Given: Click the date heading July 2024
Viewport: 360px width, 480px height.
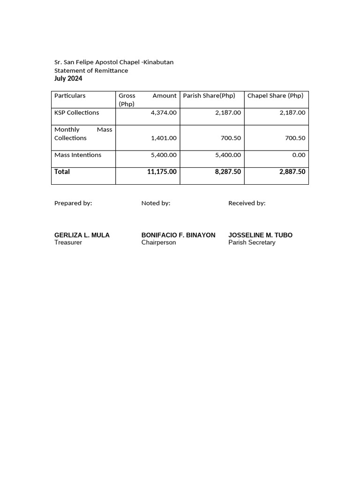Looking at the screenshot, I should (68, 78).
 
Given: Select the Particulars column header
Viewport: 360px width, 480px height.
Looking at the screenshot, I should (70, 96).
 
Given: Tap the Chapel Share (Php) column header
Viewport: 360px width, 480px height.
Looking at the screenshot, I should (275, 96).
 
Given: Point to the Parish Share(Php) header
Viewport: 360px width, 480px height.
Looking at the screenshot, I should (209, 96).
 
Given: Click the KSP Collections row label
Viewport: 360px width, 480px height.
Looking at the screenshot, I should (76, 112).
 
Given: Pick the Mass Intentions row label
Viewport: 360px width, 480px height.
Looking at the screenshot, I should (78, 155).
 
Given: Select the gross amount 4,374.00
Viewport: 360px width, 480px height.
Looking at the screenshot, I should (164, 112).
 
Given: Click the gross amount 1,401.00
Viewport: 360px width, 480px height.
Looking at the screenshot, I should (164, 138).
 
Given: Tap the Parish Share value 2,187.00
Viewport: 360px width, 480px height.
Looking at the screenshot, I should (228, 112).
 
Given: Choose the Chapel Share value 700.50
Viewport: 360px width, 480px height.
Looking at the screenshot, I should (295, 138).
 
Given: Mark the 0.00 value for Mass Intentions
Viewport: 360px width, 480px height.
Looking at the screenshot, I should (298, 155).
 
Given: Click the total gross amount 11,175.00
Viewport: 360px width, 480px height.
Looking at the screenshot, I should (162, 172).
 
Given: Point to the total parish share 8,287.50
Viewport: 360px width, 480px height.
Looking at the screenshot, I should (228, 172).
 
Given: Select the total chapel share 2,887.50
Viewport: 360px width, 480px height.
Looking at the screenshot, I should (292, 172).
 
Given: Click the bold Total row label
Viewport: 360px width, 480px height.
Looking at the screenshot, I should (62, 172).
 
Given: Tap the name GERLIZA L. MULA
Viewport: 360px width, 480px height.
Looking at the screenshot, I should (82, 235).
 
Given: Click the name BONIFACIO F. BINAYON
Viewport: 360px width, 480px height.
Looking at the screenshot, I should (178, 235).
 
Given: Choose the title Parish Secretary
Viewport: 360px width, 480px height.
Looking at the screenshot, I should (252, 243).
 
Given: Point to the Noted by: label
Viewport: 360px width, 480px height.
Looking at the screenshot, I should (156, 203).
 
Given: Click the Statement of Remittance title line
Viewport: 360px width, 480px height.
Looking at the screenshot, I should (91, 70).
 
